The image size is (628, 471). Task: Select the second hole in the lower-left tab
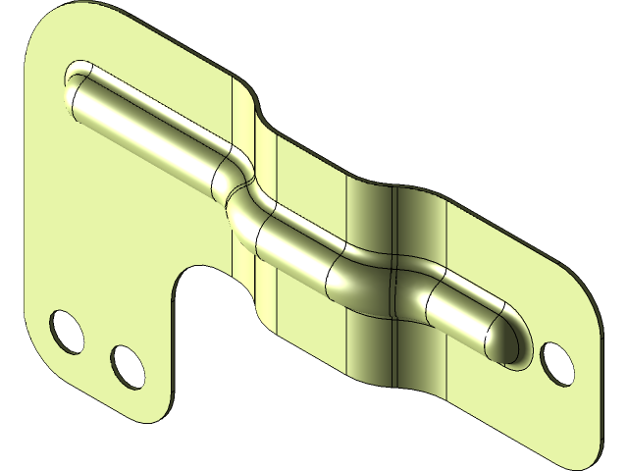(x=125, y=363)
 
